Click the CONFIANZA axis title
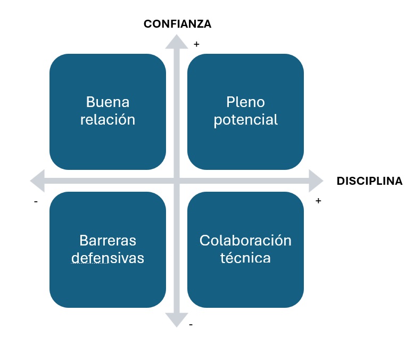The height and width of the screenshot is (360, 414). click(177, 24)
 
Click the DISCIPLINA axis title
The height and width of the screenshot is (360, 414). click(369, 181)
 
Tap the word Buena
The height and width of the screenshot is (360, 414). click(107, 102)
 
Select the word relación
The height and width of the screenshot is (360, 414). click(107, 119)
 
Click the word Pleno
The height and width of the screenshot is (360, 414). click(245, 102)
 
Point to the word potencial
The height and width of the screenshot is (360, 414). click(245, 120)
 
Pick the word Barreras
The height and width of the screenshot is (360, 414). click(107, 240)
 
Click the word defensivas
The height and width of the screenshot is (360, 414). click(107, 258)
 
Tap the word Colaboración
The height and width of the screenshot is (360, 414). click(245, 240)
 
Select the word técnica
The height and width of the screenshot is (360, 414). click(245, 258)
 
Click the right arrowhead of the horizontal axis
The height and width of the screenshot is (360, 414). click(316, 181)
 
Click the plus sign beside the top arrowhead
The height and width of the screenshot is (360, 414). click(196, 45)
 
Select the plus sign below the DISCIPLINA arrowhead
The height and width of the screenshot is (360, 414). click(318, 201)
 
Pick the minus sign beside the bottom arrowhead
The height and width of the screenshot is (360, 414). click(191, 324)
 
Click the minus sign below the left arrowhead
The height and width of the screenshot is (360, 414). click(35, 202)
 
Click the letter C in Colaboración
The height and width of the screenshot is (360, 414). click(204, 240)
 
